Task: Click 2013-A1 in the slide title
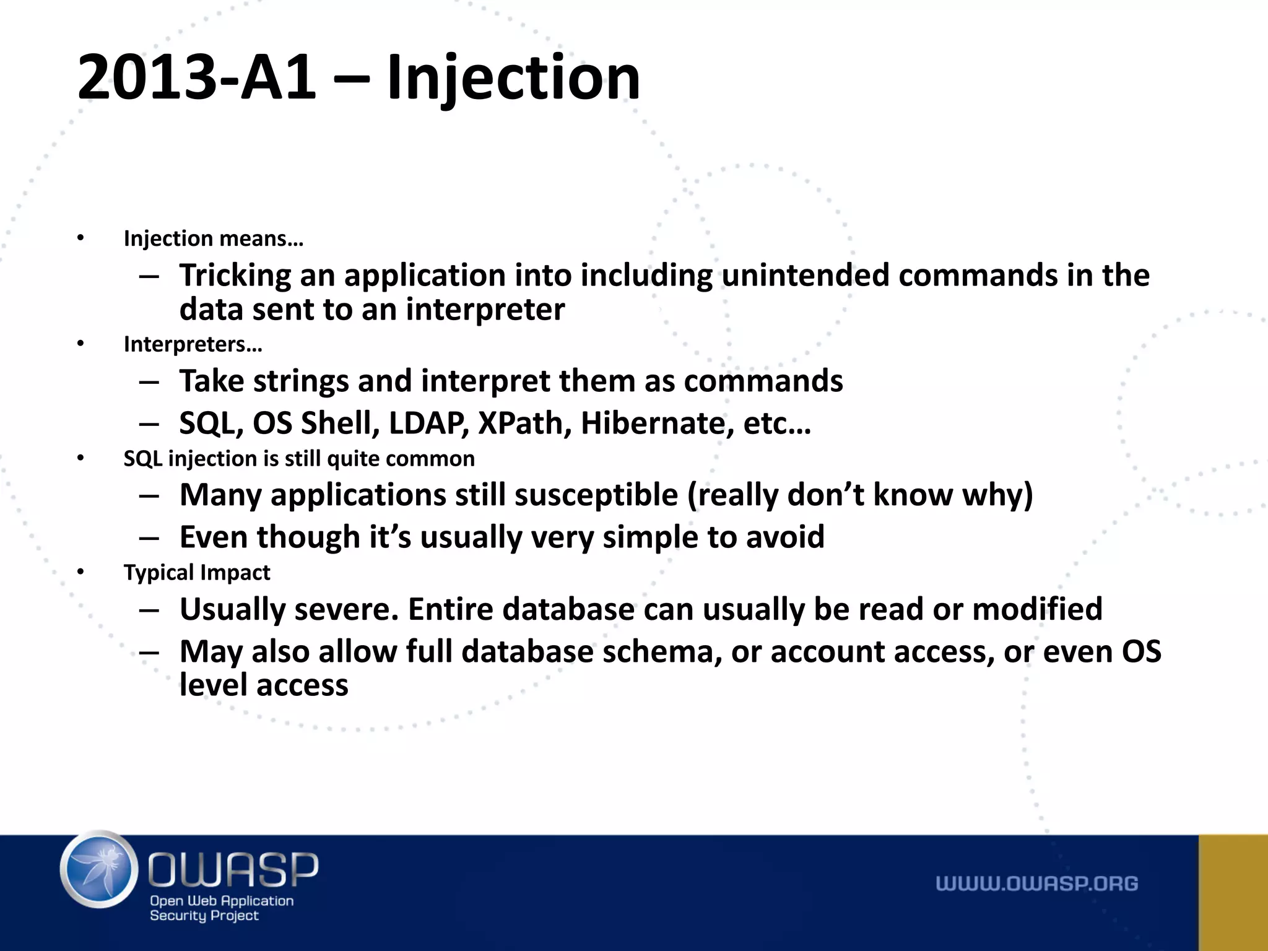[196, 77]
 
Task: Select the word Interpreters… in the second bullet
[193, 344]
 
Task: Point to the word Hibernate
[653, 423]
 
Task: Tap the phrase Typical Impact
[197, 573]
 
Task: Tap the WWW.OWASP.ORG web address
[1036, 884]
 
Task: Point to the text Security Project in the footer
[204, 916]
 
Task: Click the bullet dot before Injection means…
[80, 238]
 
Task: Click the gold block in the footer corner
[1233, 892]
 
